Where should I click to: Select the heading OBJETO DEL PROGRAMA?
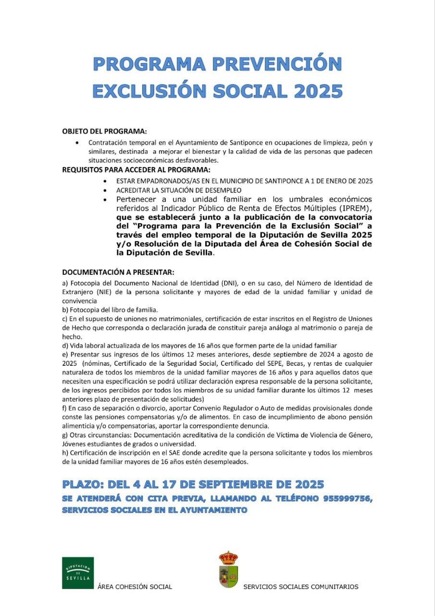[104, 131]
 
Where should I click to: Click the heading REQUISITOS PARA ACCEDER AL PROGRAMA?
[136, 169]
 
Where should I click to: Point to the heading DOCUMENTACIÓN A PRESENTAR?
[118, 272]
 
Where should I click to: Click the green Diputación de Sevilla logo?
[78, 573]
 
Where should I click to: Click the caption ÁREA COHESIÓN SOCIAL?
[135, 587]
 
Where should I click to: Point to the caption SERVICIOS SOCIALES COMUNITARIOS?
[301, 587]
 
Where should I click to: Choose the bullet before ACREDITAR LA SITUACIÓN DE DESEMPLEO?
[105, 191]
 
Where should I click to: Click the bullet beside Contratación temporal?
[78, 143]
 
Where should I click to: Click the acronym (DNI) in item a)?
[229, 283]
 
